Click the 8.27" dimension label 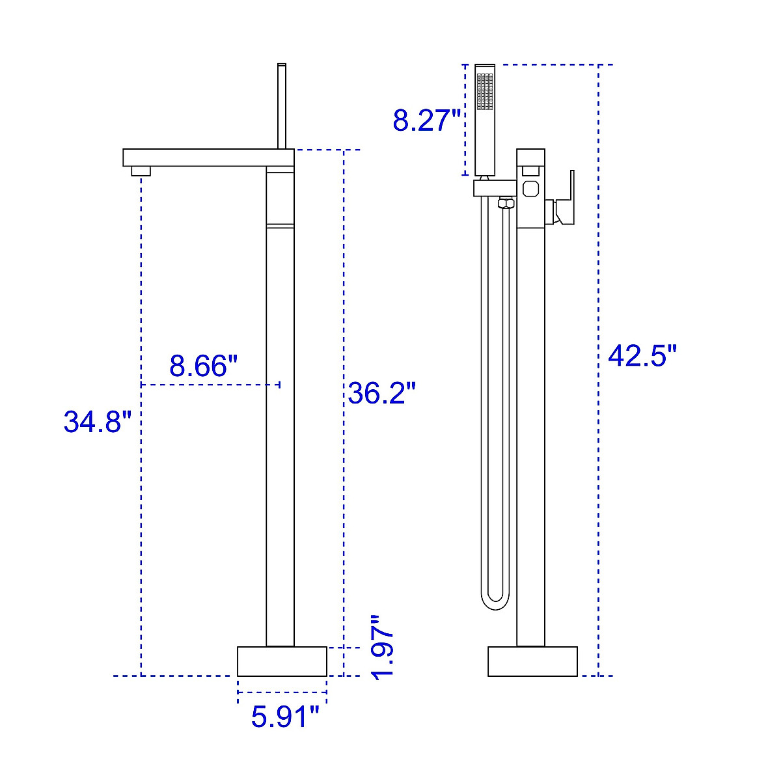(426, 120)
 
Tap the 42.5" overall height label (642, 356)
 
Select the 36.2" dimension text (381, 392)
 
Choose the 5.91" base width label (286, 717)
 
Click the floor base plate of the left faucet (282, 661)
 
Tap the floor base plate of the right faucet (532, 661)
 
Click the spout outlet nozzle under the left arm (141, 171)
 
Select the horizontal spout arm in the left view (208, 158)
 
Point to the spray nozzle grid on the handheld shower (485, 91)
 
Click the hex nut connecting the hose (505, 204)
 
